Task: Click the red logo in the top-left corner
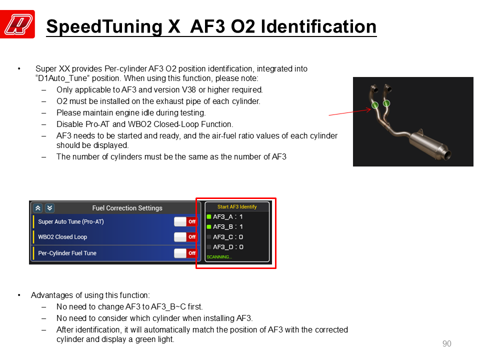click(x=17, y=24)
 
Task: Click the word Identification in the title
click(x=318, y=26)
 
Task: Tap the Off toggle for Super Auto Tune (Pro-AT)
click(x=185, y=221)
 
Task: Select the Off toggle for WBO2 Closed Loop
click(x=185, y=237)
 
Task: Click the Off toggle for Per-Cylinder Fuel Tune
click(x=185, y=253)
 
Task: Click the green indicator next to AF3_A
click(x=209, y=216)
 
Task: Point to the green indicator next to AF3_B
click(x=209, y=227)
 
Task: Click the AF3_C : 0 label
click(x=228, y=237)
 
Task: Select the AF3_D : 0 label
click(x=228, y=247)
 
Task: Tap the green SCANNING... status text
click(x=219, y=257)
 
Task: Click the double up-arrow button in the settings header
click(x=38, y=208)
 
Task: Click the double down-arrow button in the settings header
click(x=49, y=208)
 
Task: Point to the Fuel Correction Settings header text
click(x=127, y=208)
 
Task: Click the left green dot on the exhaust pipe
click(x=375, y=105)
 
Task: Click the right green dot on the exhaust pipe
click(x=386, y=103)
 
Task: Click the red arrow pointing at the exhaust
click(x=350, y=112)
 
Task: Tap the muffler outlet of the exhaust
click(x=447, y=154)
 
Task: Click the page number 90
click(x=447, y=344)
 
